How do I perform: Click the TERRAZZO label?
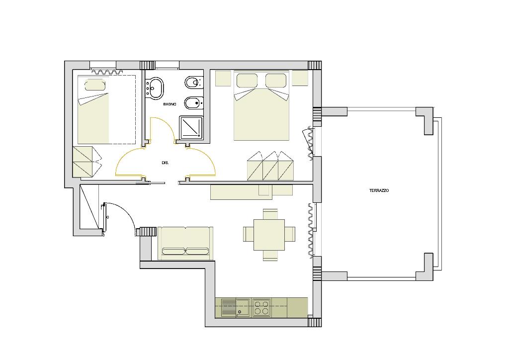[x=379, y=190]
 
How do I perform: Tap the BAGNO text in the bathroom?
[x=170, y=104]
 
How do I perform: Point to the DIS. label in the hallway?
[x=165, y=163]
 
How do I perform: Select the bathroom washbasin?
[x=155, y=88]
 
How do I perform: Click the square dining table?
[x=269, y=235]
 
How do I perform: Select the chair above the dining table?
[x=270, y=214]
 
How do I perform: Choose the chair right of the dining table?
[x=290, y=234]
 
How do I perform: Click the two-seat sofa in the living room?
[x=185, y=244]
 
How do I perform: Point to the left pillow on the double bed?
[x=247, y=81]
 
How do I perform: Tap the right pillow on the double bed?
[x=276, y=81]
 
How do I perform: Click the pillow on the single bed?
[x=95, y=85]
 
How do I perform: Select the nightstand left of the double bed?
[x=223, y=78]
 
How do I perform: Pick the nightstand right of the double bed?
[x=300, y=78]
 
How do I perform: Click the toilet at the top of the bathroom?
[x=194, y=83]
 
